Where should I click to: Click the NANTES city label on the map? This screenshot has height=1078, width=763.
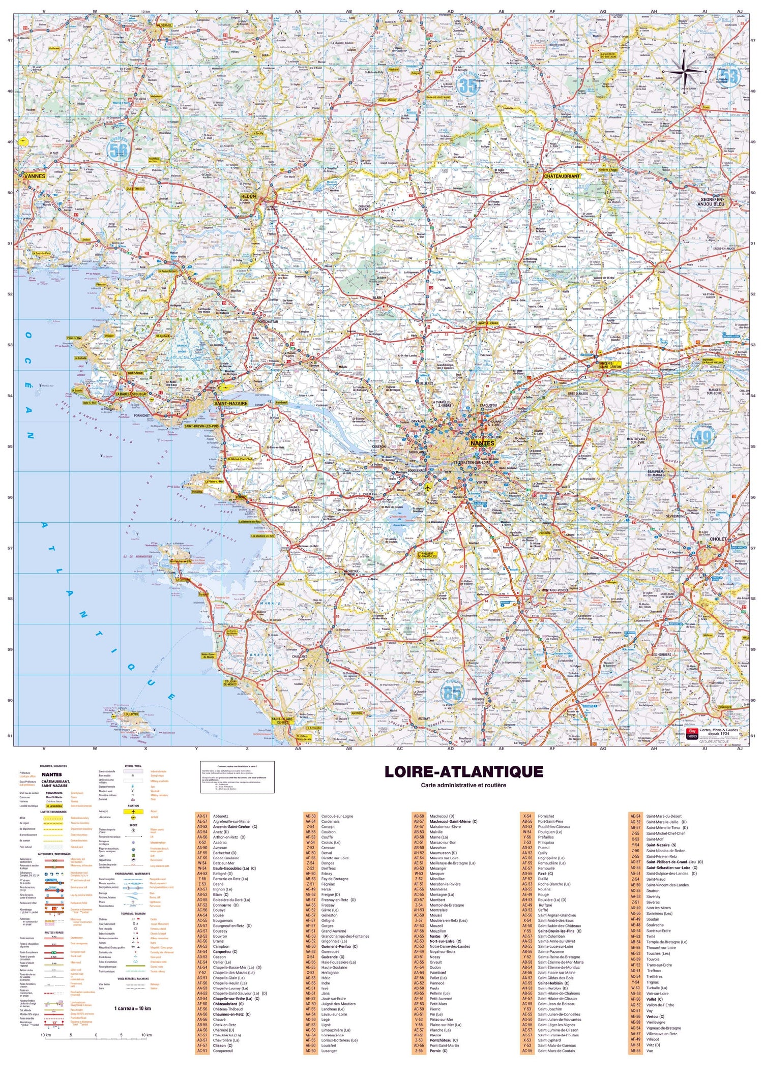pos(482,443)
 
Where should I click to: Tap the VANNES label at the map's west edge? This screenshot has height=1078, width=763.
pos(35,176)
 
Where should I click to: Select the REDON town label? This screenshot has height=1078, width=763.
pos(249,196)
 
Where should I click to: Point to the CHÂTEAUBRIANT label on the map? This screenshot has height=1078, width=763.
pos(562,176)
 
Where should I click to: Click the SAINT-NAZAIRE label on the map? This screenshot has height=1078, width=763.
pos(230,403)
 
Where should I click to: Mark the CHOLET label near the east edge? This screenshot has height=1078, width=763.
pos(718,539)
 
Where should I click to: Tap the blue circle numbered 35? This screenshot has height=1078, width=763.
pos(467,86)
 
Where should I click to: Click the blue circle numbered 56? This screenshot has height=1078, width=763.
pos(119,149)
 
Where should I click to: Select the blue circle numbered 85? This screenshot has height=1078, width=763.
pos(452,693)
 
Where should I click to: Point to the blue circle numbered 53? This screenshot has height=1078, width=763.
pos(728,76)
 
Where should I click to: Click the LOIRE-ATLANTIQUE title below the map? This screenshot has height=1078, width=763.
pos(463,772)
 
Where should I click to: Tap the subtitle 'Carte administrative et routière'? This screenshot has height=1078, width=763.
pos(463,785)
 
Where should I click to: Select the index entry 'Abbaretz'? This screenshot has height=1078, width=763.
pos(221,816)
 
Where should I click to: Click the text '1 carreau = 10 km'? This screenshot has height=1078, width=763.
pos(132,1008)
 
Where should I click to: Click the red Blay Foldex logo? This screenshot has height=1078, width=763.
pos(692,734)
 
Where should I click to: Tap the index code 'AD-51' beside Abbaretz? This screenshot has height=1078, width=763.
pos(202,816)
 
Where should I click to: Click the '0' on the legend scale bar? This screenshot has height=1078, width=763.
pos(96,1035)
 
